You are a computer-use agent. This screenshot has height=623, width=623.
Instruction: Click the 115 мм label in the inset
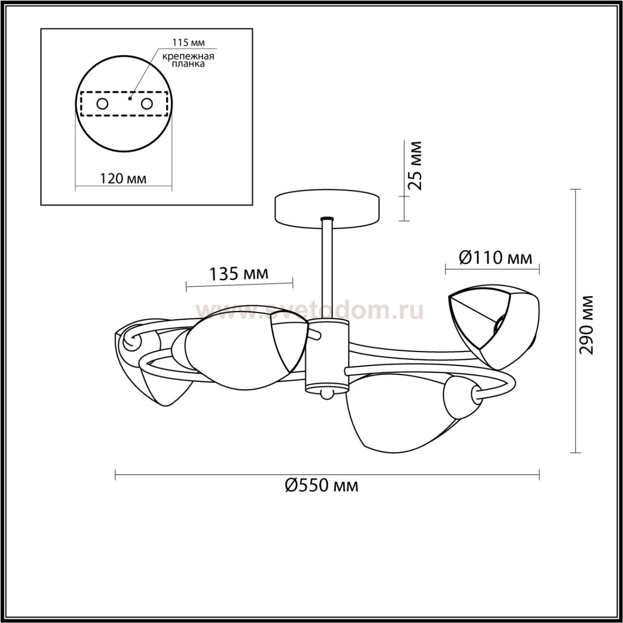click(x=188, y=42)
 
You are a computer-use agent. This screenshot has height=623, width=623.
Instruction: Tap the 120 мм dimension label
click(x=123, y=179)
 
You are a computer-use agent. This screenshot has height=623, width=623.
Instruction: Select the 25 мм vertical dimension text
click(x=415, y=165)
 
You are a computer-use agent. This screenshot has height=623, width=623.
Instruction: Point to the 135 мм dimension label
click(x=239, y=274)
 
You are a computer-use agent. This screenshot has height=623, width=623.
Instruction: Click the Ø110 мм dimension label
click(x=495, y=258)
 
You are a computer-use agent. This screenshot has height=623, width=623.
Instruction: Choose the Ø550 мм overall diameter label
click(x=322, y=495)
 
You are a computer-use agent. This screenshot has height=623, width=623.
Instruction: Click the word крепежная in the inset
click(x=188, y=56)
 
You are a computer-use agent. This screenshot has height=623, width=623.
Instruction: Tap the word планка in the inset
click(x=188, y=64)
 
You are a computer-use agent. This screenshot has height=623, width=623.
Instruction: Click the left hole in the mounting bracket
click(x=103, y=104)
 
